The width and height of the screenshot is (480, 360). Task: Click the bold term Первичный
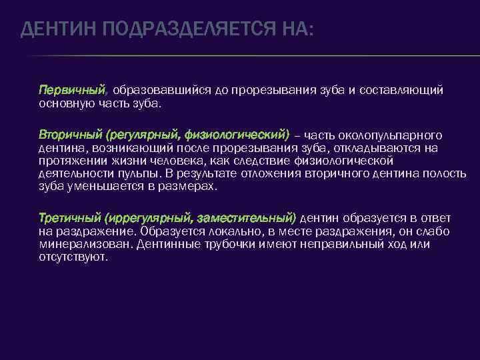click(x=72, y=89)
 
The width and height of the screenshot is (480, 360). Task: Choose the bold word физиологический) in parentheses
click(x=237, y=135)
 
